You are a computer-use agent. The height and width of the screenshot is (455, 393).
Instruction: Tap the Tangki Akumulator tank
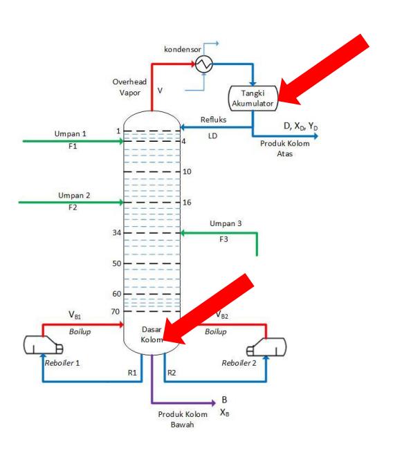coord(253,98)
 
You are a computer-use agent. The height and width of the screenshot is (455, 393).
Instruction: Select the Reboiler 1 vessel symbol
coord(44,345)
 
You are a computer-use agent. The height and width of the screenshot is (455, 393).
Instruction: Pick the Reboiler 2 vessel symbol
coord(266,346)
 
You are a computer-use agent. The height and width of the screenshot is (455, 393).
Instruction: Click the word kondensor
coord(182,49)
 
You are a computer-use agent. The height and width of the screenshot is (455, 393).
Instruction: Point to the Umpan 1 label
coord(71,133)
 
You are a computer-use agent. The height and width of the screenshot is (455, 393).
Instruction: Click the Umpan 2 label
coord(74,195)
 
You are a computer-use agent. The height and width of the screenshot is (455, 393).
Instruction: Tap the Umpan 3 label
coord(226,223)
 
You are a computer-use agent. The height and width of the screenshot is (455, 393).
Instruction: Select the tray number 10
coord(187,171)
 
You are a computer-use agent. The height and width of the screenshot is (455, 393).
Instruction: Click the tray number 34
coord(117,233)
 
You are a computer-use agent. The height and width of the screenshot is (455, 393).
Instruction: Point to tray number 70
coord(116,312)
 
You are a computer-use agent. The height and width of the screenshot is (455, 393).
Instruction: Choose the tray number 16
coord(187,203)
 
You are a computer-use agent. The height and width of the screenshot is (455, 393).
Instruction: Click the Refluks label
coord(213,120)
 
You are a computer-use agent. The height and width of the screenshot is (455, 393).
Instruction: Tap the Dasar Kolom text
coord(152,335)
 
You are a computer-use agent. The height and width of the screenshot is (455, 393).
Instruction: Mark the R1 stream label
coord(132,373)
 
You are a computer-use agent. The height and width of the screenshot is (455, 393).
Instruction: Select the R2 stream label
coord(172,373)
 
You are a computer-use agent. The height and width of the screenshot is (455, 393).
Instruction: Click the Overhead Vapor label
coord(129,87)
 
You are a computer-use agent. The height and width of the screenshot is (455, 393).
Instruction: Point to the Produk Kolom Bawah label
coord(183,419)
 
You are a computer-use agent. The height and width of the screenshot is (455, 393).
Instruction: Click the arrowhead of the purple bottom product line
coord(214,402)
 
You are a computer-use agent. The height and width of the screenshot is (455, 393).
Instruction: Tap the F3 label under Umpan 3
coord(223,239)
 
